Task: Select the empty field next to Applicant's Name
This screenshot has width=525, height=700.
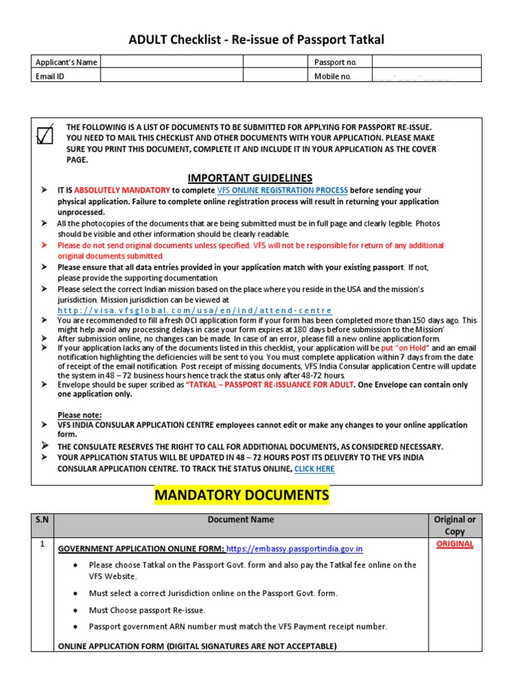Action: [x=171, y=62]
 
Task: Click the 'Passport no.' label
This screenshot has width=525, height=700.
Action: [x=335, y=62]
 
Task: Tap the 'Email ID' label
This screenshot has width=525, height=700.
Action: [x=50, y=77]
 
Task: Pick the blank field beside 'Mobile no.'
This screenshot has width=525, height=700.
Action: [x=426, y=77]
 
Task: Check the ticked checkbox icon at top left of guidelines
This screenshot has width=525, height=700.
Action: [x=45, y=135]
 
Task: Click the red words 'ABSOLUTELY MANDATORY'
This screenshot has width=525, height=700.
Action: [x=122, y=190]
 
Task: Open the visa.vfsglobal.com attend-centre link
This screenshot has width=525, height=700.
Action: [x=189, y=310]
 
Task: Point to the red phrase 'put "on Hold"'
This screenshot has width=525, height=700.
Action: [x=405, y=348]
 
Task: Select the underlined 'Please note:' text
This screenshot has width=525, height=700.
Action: [x=79, y=415]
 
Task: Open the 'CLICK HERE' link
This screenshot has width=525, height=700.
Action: [x=314, y=469]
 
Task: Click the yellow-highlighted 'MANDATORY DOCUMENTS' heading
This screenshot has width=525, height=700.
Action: [x=241, y=494]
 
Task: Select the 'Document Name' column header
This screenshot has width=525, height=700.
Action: [x=241, y=520]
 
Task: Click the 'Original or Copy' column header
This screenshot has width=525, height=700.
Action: [x=455, y=525]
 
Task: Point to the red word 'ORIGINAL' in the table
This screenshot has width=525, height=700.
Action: [x=455, y=544]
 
